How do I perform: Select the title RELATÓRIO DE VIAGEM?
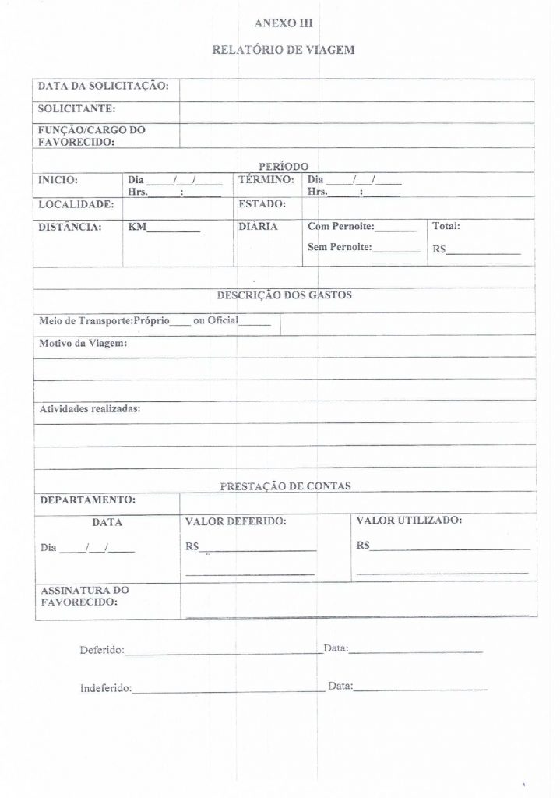click(x=284, y=50)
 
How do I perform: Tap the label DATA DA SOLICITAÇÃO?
click(x=103, y=86)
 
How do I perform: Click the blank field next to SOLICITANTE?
click(x=356, y=111)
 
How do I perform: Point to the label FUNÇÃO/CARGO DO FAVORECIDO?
click(x=92, y=136)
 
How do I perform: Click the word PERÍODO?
click(x=284, y=166)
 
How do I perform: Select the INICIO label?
click(x=58, y=180)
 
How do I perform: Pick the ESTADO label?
click(x=262, y=204)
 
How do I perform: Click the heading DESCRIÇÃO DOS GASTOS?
click(x=284, y=295)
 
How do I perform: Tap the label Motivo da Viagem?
click(x=83, y=344)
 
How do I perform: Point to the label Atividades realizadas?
click(x=90, y=408)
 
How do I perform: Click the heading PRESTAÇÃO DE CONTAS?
click(x=285, y=486)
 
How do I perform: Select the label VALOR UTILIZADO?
click(x=409, y=520)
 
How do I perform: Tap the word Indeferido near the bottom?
click(x=106, y=688)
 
